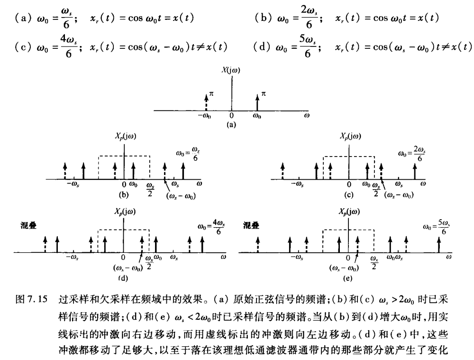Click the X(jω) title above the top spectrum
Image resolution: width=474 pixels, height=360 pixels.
point(231,71)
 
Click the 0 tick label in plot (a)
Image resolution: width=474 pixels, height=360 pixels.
point(231,115)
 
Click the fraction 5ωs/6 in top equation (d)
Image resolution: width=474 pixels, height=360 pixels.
point(308,47)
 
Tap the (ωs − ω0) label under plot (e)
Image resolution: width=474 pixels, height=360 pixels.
point(344,268)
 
